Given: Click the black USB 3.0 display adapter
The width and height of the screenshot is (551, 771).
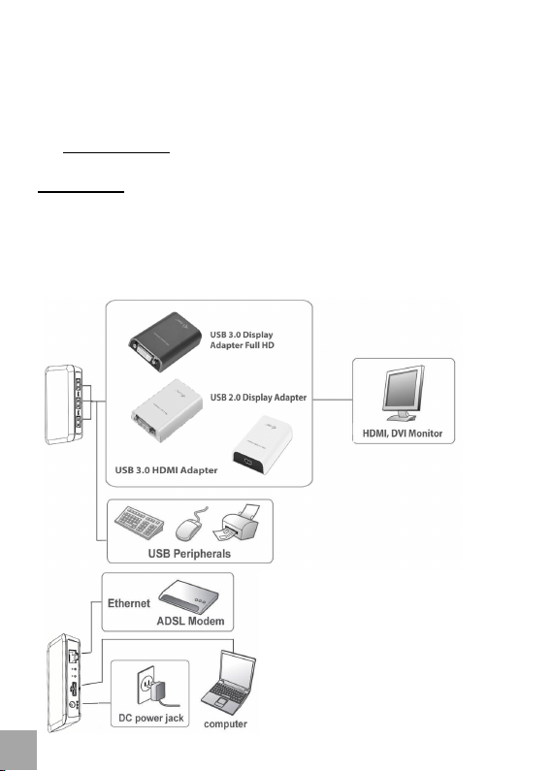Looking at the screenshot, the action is coord(165,341).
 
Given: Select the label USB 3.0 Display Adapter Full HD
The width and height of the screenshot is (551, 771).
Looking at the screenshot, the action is coord(242,339).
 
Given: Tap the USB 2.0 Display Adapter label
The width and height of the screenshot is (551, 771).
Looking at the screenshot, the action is coord(258,398).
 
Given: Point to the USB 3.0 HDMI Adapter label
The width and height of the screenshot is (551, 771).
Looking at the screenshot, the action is coord(166,470).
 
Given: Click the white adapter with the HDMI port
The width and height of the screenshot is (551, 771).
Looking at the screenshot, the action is coord(262,444).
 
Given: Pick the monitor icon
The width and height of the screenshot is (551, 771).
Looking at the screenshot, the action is coord(404,394).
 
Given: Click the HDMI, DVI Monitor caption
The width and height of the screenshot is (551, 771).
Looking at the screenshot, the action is coord(403,434).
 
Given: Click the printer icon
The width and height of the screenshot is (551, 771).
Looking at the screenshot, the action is coord(236,523).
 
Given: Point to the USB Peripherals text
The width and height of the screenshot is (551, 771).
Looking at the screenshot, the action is coord(189,554).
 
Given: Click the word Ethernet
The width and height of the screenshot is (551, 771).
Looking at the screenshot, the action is coord(129,603).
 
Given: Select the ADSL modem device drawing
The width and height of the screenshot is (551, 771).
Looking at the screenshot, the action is coord(189,596).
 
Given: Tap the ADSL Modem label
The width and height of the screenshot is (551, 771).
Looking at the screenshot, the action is coord(190,621).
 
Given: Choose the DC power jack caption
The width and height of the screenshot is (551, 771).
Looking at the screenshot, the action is coord(151,718).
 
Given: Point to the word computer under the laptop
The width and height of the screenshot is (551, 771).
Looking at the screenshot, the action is coord(225,724).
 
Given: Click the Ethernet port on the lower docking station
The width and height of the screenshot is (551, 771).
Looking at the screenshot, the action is coord(73,656).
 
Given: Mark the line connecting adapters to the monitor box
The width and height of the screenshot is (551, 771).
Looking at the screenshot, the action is coord(333,400).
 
